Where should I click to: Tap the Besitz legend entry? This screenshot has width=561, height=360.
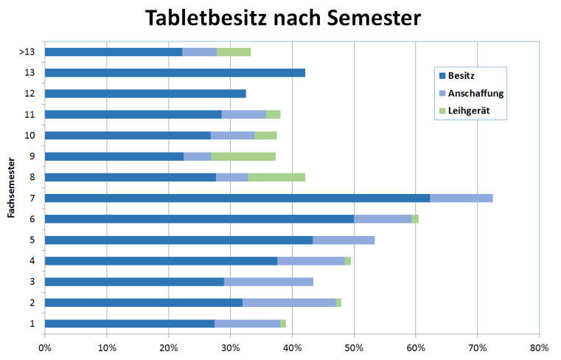tap(465, 76)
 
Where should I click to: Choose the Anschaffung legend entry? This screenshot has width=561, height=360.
tap(475, 94)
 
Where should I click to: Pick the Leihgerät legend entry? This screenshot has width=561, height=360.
tap(469, 111)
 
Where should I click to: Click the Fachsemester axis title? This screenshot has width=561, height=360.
tap(12, 187)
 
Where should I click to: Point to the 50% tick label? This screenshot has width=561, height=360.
tap(354, 347)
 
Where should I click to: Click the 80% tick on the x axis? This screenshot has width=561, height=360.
tap(539, 347)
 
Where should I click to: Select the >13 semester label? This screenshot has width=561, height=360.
tap(28, 52)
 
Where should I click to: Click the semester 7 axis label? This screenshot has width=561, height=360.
tap(32, 198)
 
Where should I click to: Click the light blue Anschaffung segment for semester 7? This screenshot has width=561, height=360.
tap(461, 198)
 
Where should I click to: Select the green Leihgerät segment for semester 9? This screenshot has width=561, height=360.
tap(243, 156)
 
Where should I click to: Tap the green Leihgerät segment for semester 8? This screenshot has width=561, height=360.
tap(276, 177)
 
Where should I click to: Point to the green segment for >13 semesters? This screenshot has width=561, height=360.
tap(234, 52)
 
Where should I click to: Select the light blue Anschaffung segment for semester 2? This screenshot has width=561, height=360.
tap(289, 302)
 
